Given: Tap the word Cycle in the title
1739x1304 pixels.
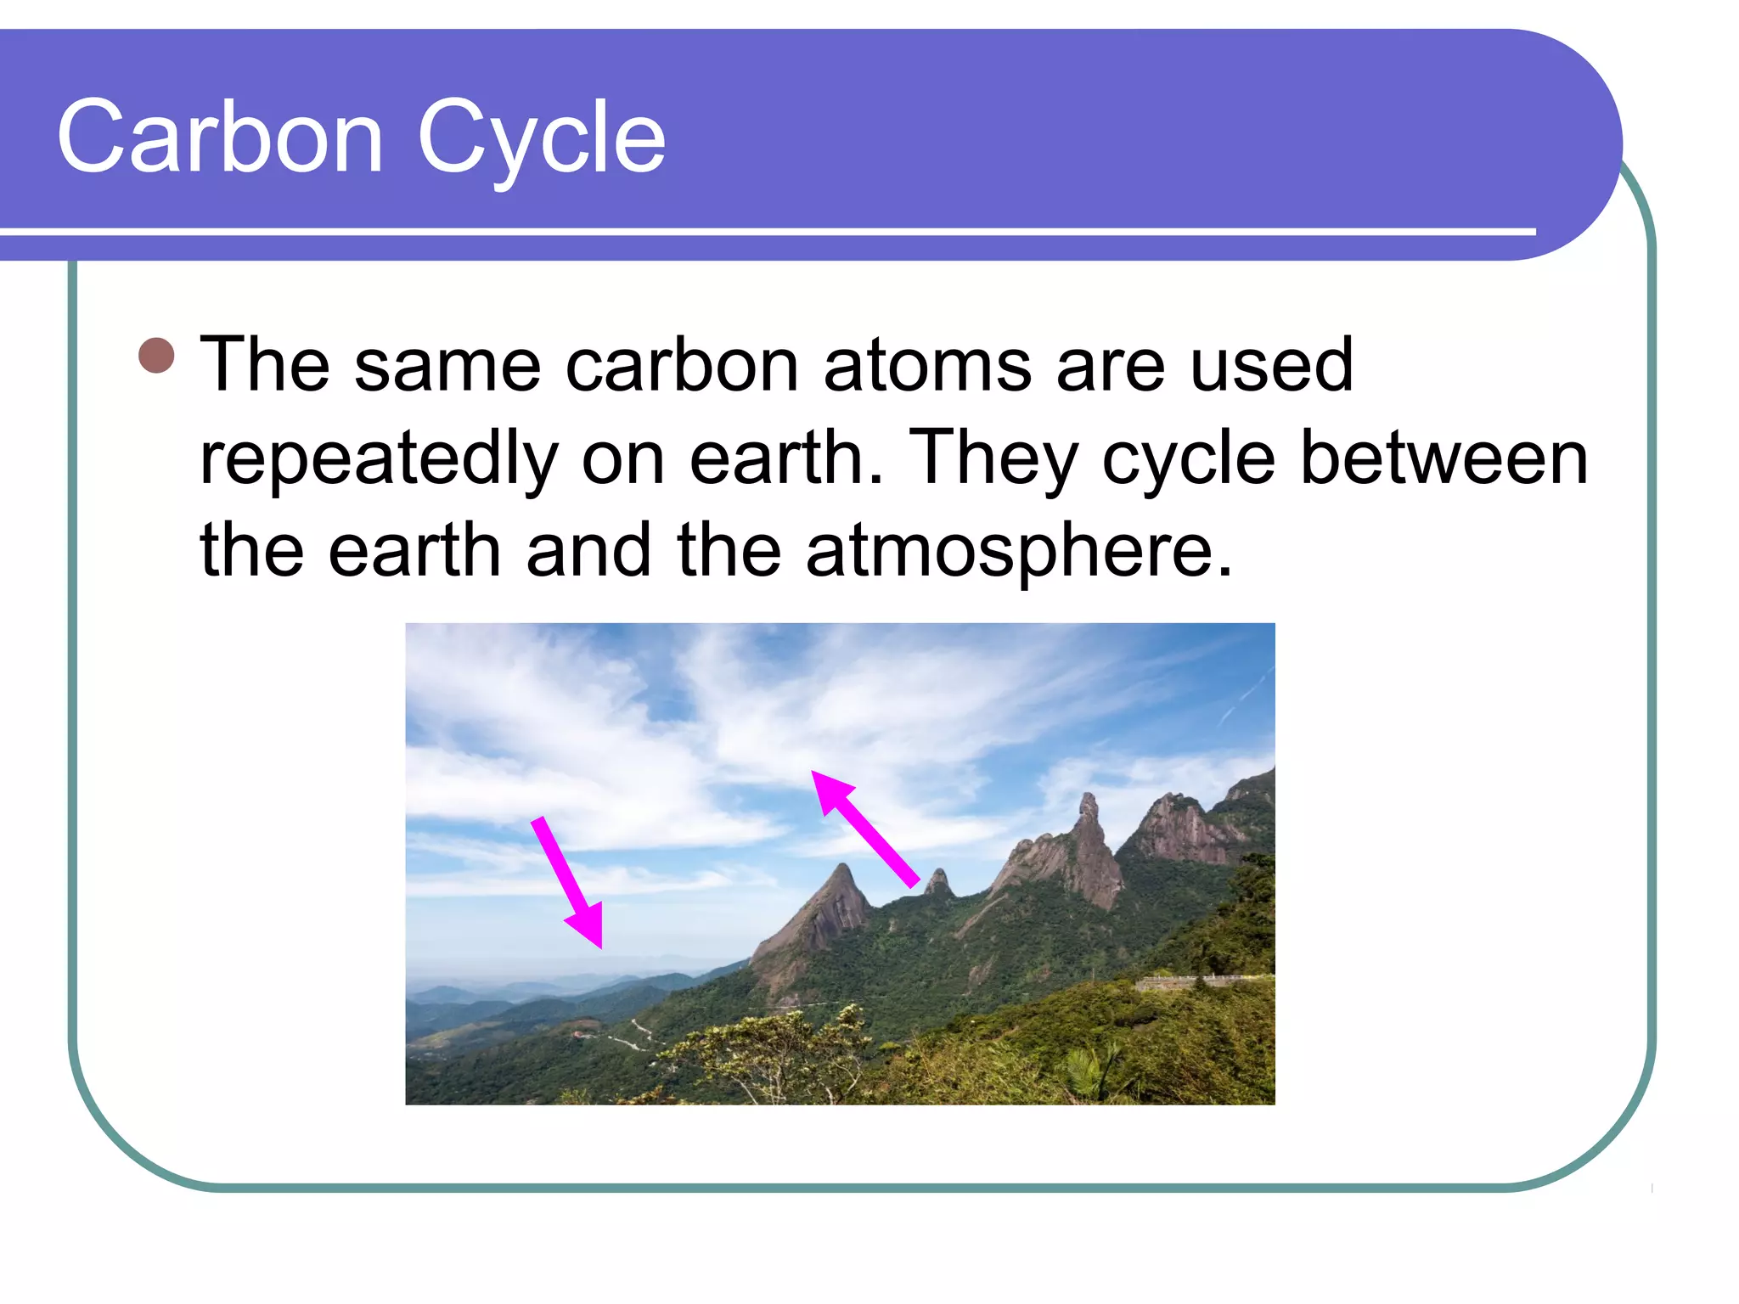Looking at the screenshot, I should click(x=541, y=138).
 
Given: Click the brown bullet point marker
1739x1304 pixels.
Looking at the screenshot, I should click(x=156, y=356).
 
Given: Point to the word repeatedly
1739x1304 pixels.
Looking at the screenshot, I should click(x=379, y=459).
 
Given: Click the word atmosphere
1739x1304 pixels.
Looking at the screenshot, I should click(x=1018, y=552).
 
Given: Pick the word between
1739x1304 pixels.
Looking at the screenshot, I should click(x=1444, y=458).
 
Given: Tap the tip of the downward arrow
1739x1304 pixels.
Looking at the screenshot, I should click(x=599, y=944).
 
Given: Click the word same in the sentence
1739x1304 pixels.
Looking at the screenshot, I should click(x=447, y=365).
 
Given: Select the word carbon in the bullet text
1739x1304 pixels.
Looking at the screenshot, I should click(x=682, y=365).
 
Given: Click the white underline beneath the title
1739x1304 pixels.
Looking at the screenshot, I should click(x=764, y=231).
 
